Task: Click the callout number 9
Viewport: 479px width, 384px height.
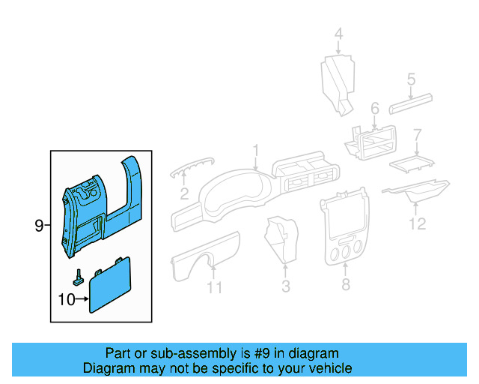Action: (39, 225)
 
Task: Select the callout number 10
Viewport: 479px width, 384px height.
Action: (67, 300)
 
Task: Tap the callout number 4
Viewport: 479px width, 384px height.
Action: (338, 34)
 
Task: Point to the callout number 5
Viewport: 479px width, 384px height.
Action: (411, 79)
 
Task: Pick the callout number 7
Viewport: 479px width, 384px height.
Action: (418, 135)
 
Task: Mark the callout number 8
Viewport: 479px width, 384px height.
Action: (345, 284)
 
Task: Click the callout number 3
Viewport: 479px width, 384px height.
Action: (285, 286)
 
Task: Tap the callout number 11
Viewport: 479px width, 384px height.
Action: (214, 287)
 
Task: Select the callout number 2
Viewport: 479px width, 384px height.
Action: (184, 195)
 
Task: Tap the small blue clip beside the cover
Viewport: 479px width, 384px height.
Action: (78, 277)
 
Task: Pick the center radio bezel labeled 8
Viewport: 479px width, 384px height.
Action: (345, 229)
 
